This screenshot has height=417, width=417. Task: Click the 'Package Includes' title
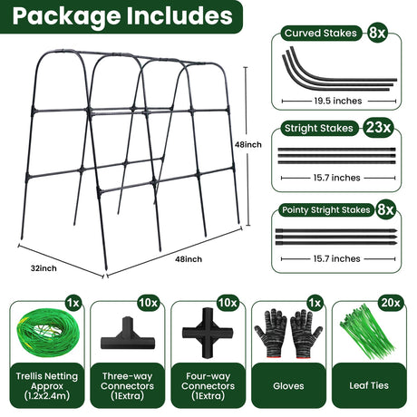pyautogui.click(x=122, y=16)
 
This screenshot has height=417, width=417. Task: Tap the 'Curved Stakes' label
pyautogui.click(x=321, y=33)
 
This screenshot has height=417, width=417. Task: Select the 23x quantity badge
pyautogui.click(x=378, y=127)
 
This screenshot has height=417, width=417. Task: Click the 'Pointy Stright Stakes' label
pyautogui.click(x=326, y=209)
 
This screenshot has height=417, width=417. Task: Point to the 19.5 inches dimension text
pyautogui.click(x=338, y=101)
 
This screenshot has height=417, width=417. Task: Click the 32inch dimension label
pyautogui.click(x=44, y=268)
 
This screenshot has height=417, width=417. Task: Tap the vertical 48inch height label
pyautogui.click(x=248, y=144)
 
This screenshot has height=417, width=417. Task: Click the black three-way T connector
pyautogui.click(x=128, y=334)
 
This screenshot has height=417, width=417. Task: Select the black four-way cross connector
pyautogui.click(x=208, y=333)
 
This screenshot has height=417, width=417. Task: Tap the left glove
pyautogui.click(x=271, y=333)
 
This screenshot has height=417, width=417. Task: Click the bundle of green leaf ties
pyautogui.click(x=366, y=333)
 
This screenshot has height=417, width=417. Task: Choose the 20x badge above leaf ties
pyautogui.click(x=391, y=303)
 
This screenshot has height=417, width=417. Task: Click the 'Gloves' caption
pyautogui.click(x=288, y=385)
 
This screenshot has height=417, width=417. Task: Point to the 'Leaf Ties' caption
pyautogui.click(x=369, y=385)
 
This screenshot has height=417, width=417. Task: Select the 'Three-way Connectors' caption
pyautogui.click(x=127, y=381)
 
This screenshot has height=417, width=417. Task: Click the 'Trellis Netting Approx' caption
pyautogui.click(x=47, y=381)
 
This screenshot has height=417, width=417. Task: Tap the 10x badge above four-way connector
pyautogui.click(x=228, y=303)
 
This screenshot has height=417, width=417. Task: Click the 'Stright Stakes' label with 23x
pyautogui.click(x=319, y=128)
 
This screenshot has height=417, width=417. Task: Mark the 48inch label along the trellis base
pyautogui.click(x=189, y=259)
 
